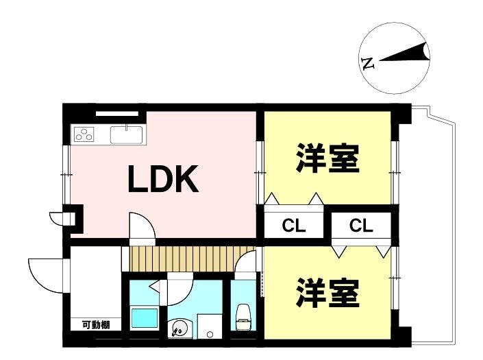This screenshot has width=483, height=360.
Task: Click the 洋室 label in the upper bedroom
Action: coord(327,160)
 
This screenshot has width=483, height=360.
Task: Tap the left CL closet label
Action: coord(295,225)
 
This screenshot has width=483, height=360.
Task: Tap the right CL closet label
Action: coord(360,225)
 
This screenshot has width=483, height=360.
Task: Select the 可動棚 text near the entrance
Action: coord(96,325)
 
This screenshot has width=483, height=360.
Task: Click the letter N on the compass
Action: coord(368,64)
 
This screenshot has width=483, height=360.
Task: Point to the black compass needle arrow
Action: coord(406,54)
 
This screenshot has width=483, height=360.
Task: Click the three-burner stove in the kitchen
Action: coord(85,134)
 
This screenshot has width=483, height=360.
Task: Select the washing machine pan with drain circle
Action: coord(208,328)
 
